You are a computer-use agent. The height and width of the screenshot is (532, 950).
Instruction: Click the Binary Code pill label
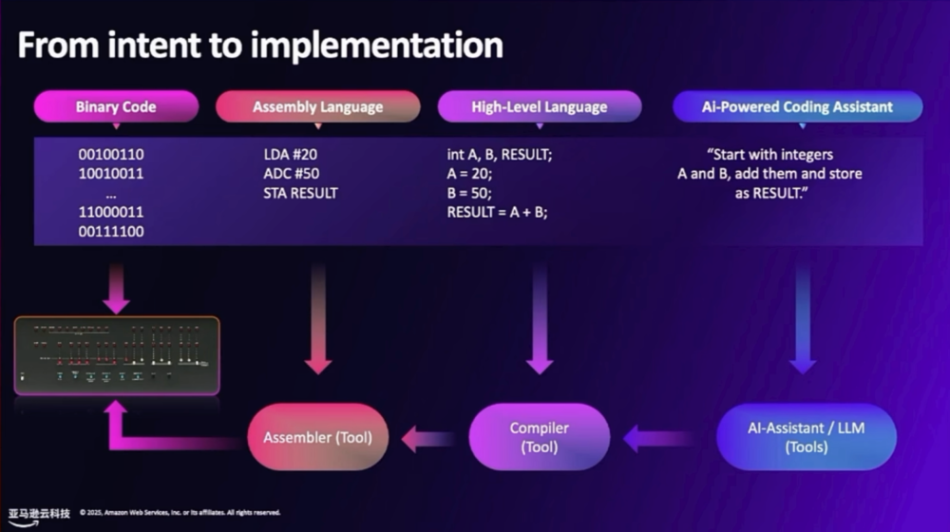(x=116, y=106)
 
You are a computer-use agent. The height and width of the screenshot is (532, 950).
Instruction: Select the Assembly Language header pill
(x=317, y=106)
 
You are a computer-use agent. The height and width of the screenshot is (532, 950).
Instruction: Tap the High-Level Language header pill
(x=539, y=106)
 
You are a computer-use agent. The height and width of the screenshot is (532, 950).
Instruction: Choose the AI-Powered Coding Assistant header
(x=797, y=106)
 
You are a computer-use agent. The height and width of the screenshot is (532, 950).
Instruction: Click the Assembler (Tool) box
(x=318, y=438)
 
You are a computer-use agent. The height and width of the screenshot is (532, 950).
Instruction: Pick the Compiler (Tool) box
(x=539, y=438)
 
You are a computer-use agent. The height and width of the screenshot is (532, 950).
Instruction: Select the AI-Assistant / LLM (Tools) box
(x=807, y=438)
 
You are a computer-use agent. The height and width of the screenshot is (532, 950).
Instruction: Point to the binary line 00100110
(x=111, y=154)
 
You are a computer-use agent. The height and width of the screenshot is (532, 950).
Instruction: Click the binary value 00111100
(x=111, y=231)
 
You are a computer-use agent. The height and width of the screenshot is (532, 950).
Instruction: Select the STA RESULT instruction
(x=300, y=193)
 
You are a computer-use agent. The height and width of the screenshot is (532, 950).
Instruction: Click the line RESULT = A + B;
(x=497, y=212)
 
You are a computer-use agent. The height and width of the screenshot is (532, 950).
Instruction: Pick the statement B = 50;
(x=469, y=193)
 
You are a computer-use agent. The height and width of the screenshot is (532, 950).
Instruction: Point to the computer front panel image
(x=117, y=355)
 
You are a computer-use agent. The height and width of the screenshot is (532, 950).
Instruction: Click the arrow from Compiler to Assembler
(x=428, y=439)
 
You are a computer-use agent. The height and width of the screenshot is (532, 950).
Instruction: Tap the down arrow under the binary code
(x=117, y=289)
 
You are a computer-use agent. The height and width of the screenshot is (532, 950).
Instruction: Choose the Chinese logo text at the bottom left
(x=40, y=513)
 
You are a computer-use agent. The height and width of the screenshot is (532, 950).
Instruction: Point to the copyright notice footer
(x=180, y=513)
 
